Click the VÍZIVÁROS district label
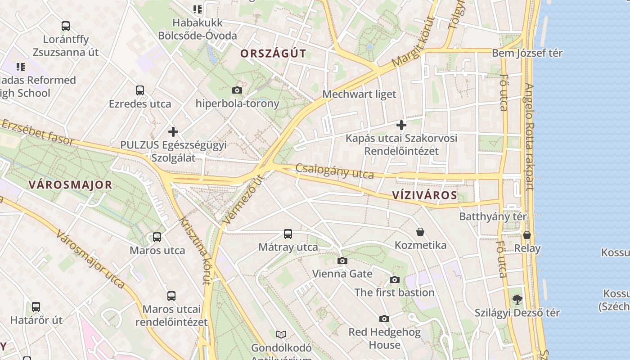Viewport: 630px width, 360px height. tap(424, 195)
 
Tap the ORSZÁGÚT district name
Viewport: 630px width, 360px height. tap(273, 54)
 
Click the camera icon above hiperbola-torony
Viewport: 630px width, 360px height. tap(237, 90)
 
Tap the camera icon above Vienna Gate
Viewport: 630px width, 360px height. tap(342, 261)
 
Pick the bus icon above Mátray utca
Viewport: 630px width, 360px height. tap(288, 234)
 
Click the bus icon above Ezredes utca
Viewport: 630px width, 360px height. tap(140, 90)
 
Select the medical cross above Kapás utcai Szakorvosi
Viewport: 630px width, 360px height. tap(401, 125)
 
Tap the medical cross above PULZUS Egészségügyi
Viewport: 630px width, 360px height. tap(173, 132)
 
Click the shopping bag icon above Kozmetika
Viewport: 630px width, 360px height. tap(420, 232)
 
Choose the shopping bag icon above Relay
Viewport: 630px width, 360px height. tap(527, 235)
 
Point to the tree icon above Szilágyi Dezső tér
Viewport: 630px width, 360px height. tap(517, 299)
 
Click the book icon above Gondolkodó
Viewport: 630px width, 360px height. tap(281, 334)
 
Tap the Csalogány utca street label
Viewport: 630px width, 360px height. tap(335, 171)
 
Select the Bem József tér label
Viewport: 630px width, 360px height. tap(527, 53)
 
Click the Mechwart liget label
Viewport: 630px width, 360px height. tap(359, 94)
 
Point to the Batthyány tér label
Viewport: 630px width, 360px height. tap(493, 216)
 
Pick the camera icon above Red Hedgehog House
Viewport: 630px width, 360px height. tap(384, 319)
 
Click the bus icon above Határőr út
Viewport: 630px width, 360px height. tap(36, 307)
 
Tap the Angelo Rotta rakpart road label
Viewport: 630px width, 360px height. tap(529, 137)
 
